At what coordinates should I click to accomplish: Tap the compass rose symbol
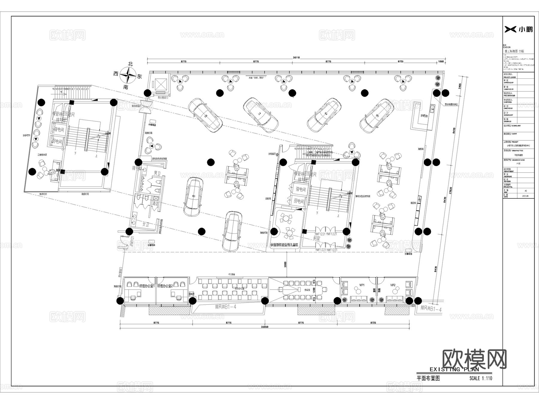(128, 75)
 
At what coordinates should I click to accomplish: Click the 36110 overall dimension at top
(296, 57)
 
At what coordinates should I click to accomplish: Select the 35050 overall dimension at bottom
(264, 327)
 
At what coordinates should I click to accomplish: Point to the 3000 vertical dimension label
(285, 264)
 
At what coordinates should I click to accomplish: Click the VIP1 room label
(362, 285)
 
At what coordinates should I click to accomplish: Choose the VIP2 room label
(393, 285)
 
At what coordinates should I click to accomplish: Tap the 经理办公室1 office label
(147, 286)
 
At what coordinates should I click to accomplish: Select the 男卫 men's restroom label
(157, 173)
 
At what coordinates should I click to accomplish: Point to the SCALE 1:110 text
(481, 378)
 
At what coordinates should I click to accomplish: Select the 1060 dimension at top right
(441, 62)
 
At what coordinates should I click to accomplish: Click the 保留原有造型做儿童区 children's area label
(284, 245)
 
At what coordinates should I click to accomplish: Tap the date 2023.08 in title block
(525, 196)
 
